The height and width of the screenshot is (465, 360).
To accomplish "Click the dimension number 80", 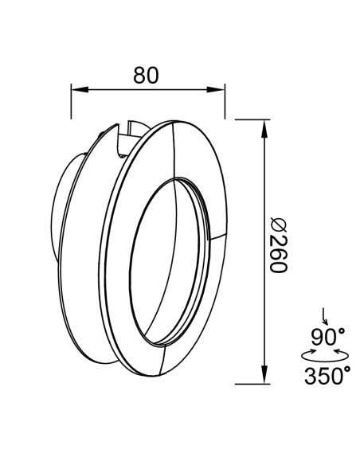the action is (146, 75).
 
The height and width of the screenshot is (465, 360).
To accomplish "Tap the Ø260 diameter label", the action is (279, 245).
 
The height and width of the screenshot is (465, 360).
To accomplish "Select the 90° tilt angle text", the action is (327, 337).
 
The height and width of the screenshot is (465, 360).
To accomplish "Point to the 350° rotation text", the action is (327, 376).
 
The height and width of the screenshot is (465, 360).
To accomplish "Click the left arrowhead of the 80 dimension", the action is (80, 89).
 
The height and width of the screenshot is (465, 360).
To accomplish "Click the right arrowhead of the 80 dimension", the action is (216, 89).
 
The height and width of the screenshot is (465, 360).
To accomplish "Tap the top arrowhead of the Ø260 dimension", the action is (264, 129).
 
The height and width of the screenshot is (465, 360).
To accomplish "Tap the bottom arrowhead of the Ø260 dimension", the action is (264, 374).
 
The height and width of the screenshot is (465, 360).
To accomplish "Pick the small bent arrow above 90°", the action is (324, 317).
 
